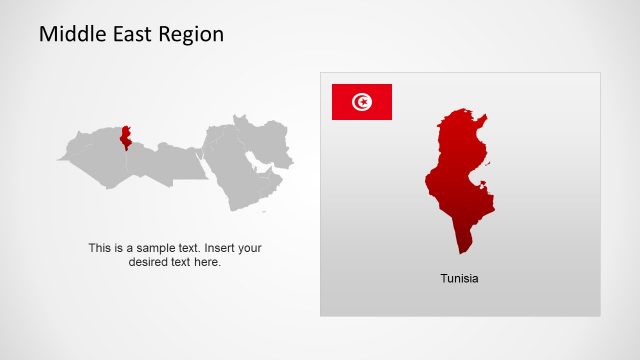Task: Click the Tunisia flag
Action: pyautogui.click(x=361, y=102)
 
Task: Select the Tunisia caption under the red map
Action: pyautogui.click(x=459, y=278)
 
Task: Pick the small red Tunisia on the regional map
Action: pyautogui.click(x=125, y=139)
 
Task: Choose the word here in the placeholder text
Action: pyautogui.click(x=207, y=262)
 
